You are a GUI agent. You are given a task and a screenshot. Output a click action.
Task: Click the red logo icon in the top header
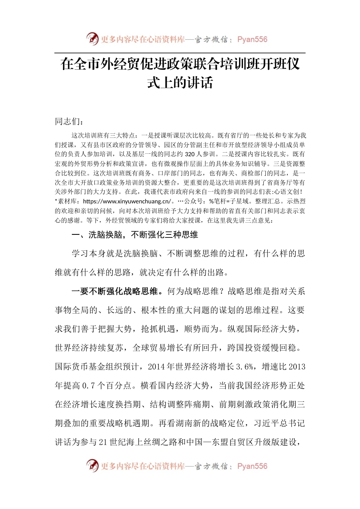click(x=92, y=39)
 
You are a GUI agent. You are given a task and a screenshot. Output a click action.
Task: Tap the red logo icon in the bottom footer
click(x=92, y=465)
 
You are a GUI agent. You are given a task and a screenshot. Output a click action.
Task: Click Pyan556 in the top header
click(x=252, y=39)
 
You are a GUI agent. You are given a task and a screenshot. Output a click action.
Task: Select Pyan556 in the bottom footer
click(x=252, y=466)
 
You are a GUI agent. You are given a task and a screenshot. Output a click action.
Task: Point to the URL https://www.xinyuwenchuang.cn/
click(x=127, y=201)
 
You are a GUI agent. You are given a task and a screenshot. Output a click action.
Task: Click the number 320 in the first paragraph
click(x=190, y=154)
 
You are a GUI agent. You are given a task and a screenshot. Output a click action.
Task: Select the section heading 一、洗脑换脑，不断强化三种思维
click(x=135, y=235)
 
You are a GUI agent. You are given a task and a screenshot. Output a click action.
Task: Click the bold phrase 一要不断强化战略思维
click(x=115, y=291)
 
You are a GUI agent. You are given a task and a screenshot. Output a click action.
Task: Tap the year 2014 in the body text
click(x=157, y=367)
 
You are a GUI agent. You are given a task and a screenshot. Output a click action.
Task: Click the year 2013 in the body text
click(x=297, y=367)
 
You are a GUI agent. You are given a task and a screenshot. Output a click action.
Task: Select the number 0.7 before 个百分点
click(x=88, y=386)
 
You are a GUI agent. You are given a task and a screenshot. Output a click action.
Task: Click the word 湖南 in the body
click(x=184, y=423)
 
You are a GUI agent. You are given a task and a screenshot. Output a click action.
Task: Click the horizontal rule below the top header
click(x=180, y=53)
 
